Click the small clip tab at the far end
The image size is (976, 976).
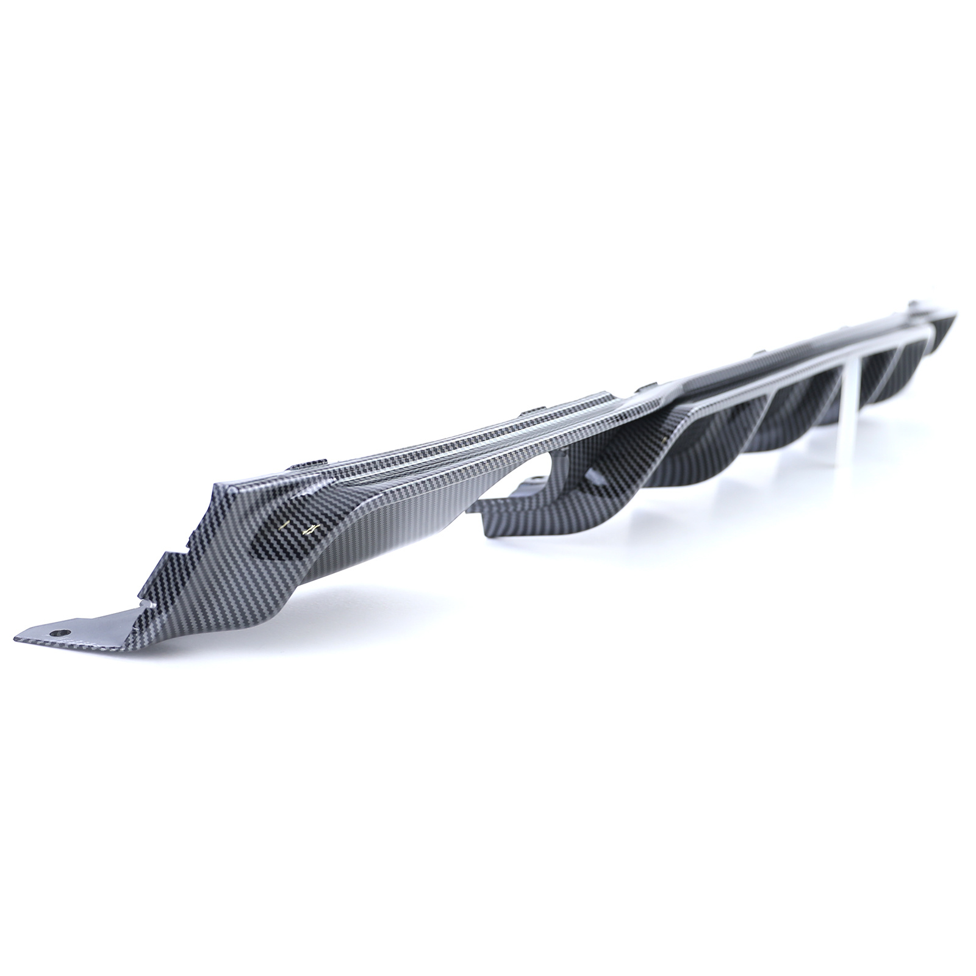point(914,304)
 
